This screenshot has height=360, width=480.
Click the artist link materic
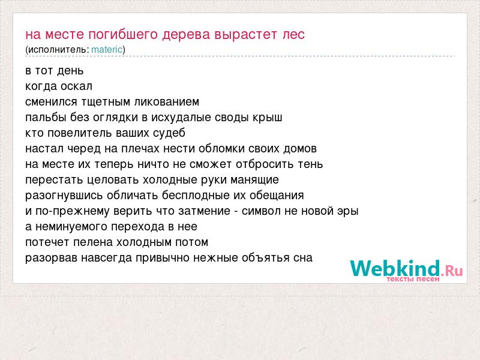point(107,49)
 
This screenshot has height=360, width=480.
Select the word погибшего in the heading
point(124,35)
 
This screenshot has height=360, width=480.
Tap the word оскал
point(76,86)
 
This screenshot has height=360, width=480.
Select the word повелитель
point(80,133)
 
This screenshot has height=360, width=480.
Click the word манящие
point(254,181)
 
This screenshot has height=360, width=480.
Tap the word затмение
point(204,211)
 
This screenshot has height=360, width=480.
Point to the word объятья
point(265,258)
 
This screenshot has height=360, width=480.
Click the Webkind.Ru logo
point(406,271)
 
